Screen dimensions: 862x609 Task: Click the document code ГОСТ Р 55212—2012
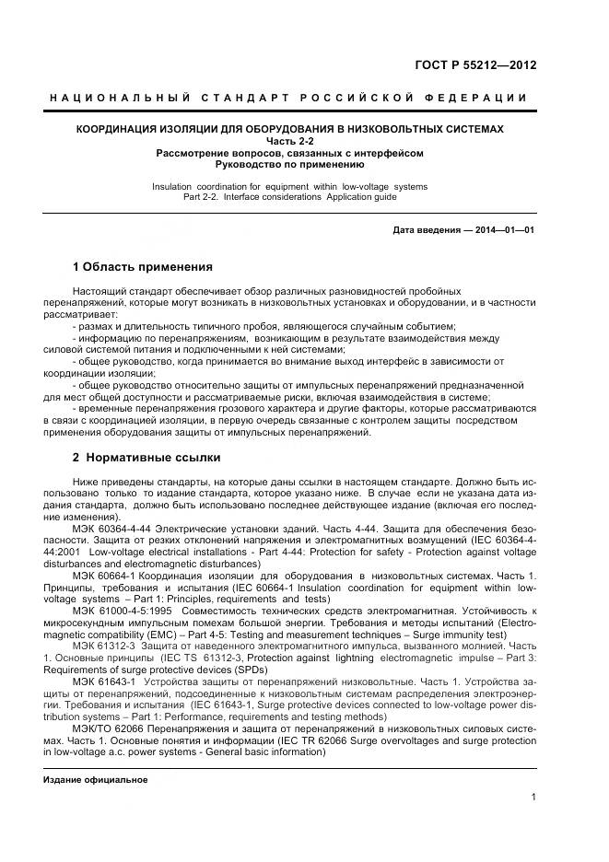[x=476, y=65]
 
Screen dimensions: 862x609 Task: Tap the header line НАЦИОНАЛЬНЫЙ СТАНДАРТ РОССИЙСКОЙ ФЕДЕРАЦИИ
[x=288, y=98]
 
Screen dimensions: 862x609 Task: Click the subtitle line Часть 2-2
[x=289, y=141]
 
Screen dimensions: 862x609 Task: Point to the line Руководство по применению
[x=289, y=164]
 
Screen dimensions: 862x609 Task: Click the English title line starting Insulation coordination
[x=289, y=186]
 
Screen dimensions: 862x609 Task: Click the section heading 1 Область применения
[x=142, y=266]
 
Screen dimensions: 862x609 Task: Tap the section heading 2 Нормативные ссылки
[x=146, y=457]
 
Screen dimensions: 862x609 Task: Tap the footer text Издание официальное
[x=96, y=779]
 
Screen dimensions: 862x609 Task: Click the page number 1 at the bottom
[x=533, y=799]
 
